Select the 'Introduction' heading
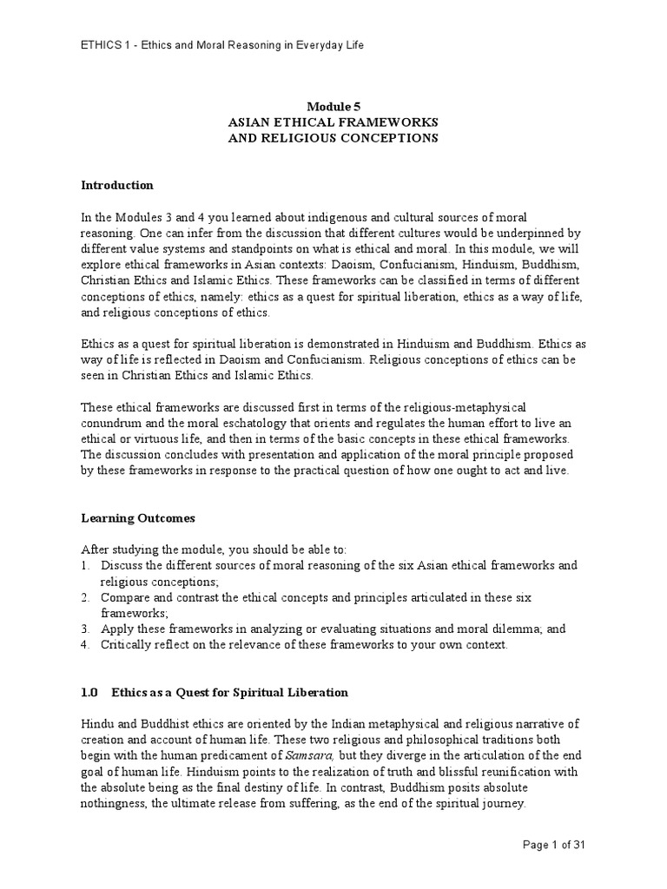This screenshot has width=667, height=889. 116,185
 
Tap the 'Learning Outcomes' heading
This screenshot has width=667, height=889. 138,518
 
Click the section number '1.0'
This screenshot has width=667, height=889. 90,692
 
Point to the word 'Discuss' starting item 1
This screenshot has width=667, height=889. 122,565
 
